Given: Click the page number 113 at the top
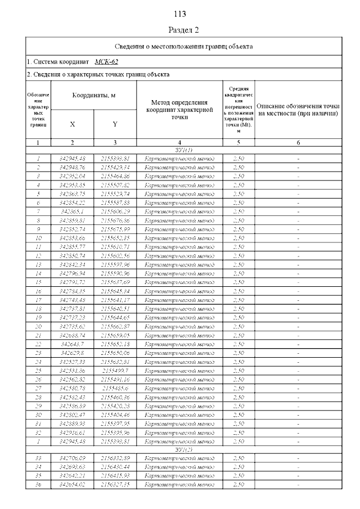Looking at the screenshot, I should (x=180, y=14).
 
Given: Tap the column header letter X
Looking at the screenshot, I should (x=72, y=124).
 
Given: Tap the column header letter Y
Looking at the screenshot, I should (x=115, y=124).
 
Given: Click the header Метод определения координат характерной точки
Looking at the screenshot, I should (x=179, y=110).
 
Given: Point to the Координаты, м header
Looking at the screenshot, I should (x=93, y=96).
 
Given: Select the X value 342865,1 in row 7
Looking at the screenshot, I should (x=72, y=211).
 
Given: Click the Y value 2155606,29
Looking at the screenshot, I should (x=115, y=211).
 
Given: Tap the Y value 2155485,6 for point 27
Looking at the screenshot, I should (x=115, y=388).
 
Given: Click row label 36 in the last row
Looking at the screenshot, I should (x=38, y=484).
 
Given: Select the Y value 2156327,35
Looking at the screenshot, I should (x=115, y=484).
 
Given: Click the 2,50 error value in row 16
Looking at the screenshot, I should (x=238, y=291).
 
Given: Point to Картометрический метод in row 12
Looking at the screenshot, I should (x=179, y=255).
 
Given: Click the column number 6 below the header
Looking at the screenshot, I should (x=298, y=143).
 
